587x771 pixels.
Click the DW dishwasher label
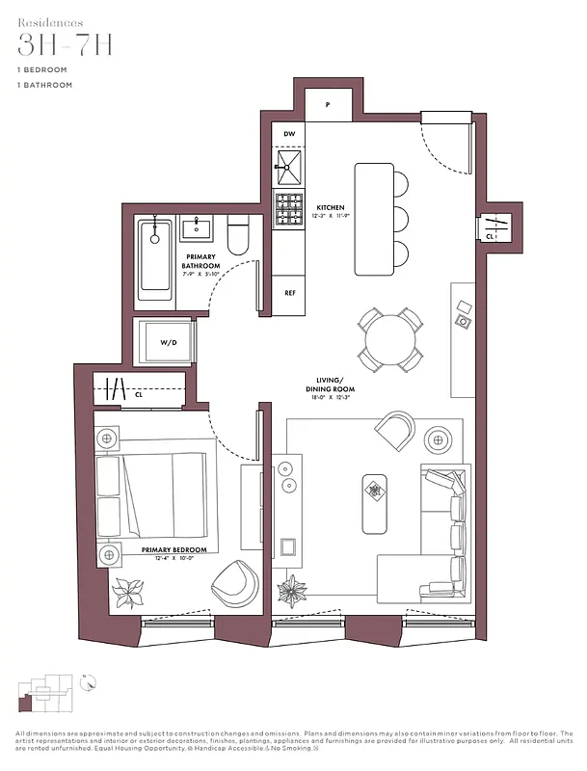tap(289, 134)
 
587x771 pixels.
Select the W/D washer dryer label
tap(169, 342)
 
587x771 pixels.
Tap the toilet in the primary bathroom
tap(238, 237)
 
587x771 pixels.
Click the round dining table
tap(391, 339)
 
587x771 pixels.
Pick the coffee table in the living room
tap(375, 503)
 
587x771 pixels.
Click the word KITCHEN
tap(331, 208)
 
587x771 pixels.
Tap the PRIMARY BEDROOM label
tap(168, 550)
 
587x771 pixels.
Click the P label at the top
tap(328, 104)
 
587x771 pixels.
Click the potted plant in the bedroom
tap(127, 590)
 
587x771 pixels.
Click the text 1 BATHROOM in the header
tap(44, 85)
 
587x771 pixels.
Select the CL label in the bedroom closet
tap(139, 394)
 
